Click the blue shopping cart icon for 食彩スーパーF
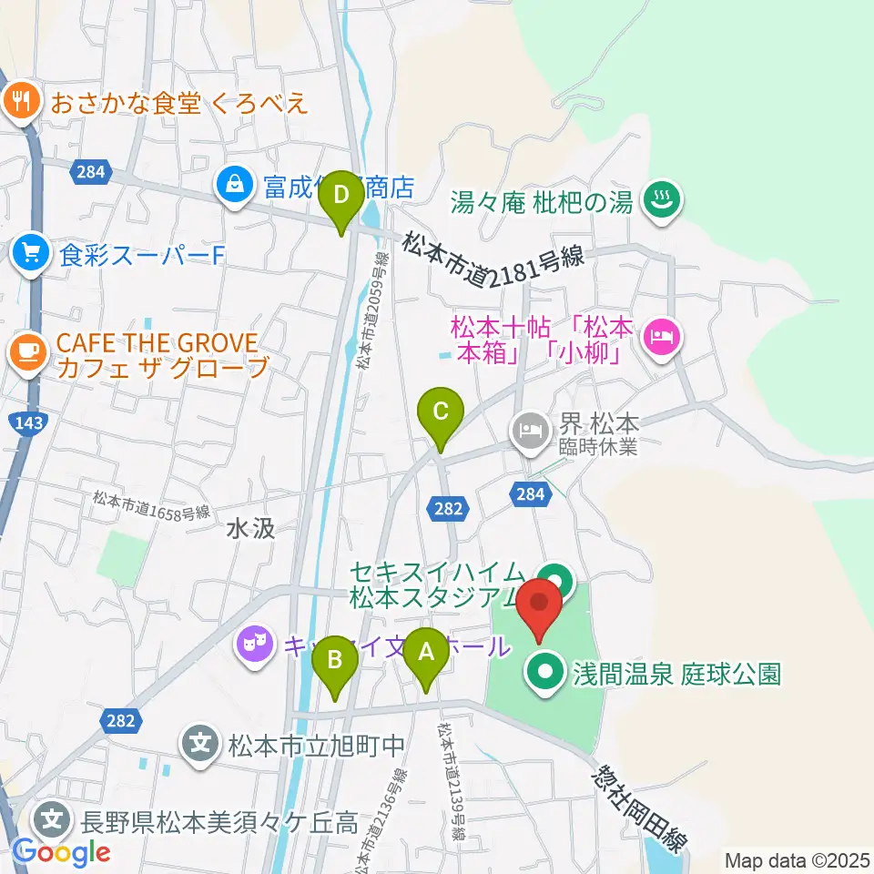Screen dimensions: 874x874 (x=32, y=253)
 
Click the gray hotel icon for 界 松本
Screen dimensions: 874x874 (x=530, y=425)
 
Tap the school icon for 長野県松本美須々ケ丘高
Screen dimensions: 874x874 (x=53, y=819)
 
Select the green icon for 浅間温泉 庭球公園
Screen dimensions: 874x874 (x=546, y=673)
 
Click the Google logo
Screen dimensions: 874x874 (x=61, y=852)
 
